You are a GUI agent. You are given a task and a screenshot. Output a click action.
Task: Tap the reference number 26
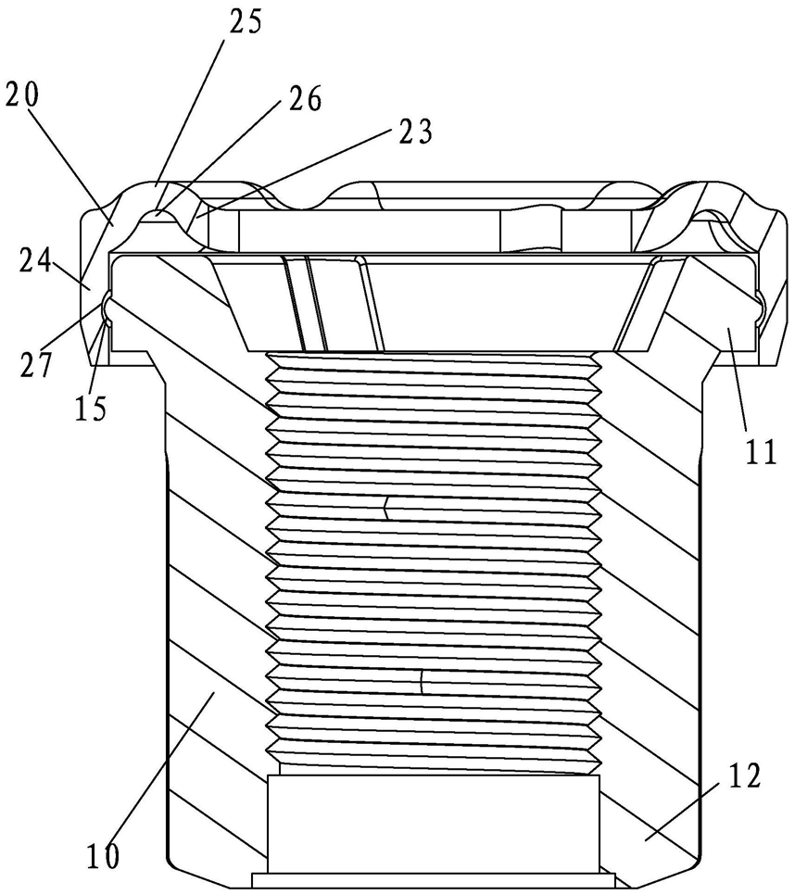pos(306,99)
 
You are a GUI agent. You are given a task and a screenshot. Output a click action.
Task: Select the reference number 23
pos(416,132)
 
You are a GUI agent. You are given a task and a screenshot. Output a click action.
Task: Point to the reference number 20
pos(22,95)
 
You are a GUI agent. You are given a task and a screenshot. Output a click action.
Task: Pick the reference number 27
pos(35,365)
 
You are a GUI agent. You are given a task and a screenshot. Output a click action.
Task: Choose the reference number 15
pos(90,408)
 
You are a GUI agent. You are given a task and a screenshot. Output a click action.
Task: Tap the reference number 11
pos(761,451)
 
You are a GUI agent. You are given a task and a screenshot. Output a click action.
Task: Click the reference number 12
pos(744,776)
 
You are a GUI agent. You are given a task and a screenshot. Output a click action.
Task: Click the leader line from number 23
pos(295,171)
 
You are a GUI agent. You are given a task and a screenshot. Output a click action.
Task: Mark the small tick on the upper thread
pos(386,508)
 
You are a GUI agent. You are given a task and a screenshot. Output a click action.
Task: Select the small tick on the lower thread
pos(422,683)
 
